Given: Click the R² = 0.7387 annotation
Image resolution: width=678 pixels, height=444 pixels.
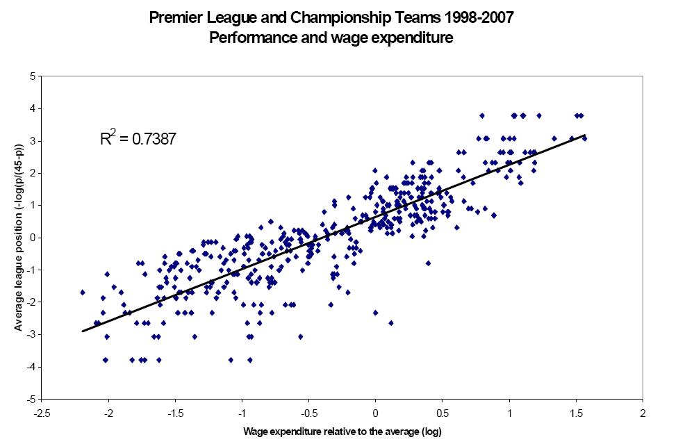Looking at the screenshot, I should coord(138,139).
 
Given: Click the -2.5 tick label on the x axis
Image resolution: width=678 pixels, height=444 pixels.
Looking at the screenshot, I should coord(42,412).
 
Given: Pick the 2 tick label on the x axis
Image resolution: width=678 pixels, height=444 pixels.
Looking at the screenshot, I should coord(643,412).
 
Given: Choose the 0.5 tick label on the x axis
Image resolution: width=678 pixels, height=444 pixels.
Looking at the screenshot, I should coord(442,412).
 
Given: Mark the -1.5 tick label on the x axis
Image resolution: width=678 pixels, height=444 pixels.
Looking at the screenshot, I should coord(176,412).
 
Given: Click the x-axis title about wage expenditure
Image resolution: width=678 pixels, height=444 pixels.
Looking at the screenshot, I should coord(342,431).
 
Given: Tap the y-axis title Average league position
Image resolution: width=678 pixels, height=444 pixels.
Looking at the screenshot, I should coord(19,237).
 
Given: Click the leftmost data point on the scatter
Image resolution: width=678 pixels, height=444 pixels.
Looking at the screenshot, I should coord(83,293).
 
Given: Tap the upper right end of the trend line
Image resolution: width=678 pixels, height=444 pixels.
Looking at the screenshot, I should coord(586,135).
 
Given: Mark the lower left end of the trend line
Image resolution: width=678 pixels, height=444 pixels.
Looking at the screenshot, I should coord(83,331).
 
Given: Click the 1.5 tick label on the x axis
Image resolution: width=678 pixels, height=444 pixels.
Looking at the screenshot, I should coord(576,412).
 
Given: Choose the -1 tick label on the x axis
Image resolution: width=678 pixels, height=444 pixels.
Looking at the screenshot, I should coord(242,412).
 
